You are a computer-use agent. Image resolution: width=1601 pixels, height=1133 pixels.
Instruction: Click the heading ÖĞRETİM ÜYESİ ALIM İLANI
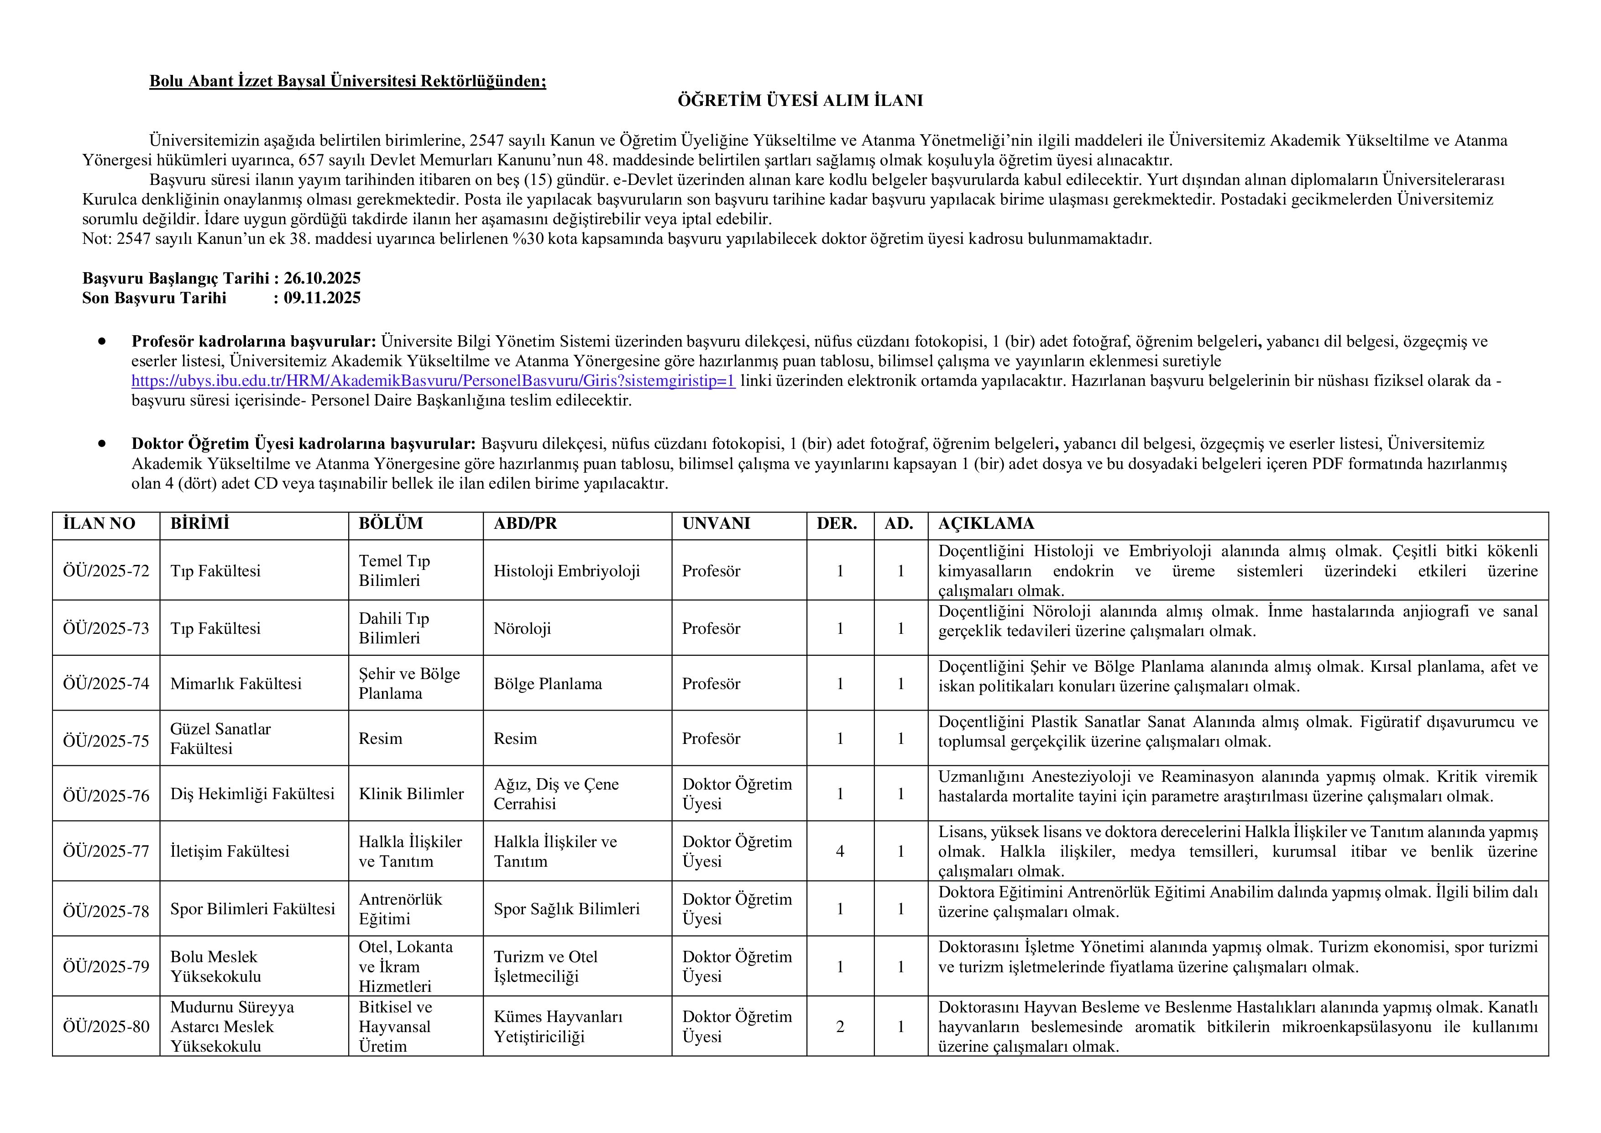[x=800, y=100]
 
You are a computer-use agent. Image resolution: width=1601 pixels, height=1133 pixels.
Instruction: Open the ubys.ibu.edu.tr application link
[x=433, y=381]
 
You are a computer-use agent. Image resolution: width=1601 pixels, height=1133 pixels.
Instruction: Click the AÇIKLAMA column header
[x=985, y=524]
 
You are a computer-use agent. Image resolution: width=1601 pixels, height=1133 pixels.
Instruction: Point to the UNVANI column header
[x=716, y=524]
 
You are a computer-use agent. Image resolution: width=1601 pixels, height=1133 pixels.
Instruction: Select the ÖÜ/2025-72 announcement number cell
[x=106, y=571]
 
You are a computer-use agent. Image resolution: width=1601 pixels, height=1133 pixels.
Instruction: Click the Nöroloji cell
[x=522, y=628]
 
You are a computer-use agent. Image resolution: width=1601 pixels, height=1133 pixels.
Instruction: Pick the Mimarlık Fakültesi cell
[x=235, y=684]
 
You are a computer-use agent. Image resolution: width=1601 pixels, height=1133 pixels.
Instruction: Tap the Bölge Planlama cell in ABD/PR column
[x=547, y=684]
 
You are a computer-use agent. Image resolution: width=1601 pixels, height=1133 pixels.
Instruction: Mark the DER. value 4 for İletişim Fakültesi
[x=840, y=851]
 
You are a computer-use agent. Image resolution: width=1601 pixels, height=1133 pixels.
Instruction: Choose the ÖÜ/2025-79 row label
[x=106, y=967]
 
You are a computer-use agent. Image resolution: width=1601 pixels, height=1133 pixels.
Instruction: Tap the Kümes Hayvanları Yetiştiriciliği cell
[x=558, y=1026]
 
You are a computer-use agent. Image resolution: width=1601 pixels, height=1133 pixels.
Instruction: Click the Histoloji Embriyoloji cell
[x=566, y=571]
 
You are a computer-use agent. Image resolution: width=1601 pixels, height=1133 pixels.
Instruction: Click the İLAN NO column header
[x=99, y=524]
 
